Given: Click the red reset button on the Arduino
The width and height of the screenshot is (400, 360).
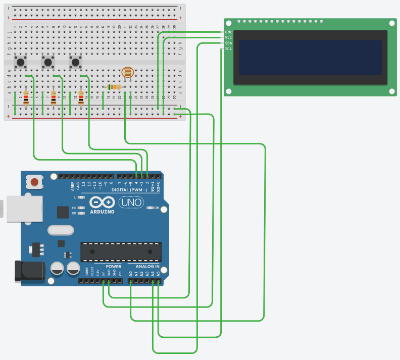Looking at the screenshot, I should tap(34, 182).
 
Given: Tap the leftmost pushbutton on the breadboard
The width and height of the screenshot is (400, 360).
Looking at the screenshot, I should tap(21, 62).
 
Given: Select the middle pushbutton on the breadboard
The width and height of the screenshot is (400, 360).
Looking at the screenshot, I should tap(48, 62).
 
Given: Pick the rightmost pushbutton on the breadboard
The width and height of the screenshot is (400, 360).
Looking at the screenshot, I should tap(76, 62).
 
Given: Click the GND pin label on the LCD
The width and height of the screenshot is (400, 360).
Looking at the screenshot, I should tap(228, 32).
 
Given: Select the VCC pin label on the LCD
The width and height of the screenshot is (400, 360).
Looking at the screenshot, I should tap(228, 37).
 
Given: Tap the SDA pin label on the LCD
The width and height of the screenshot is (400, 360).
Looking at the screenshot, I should tap(228, 43).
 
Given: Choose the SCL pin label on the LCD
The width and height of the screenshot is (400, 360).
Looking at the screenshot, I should tap(228, 48).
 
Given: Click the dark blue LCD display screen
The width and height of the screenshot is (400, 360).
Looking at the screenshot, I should tap(310, 58).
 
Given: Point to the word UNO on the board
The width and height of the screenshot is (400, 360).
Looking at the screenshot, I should tap(131, 202).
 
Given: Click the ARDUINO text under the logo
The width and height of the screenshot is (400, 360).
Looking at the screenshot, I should tap(102, 212).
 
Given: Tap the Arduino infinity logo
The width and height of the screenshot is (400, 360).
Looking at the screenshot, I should tap(102, 202).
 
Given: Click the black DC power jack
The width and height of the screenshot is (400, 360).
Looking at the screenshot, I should tap(30, 271).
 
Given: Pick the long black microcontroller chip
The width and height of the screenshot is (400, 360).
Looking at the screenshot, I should tap(121, 251).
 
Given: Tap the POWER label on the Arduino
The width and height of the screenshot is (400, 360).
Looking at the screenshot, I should tap(114, 266).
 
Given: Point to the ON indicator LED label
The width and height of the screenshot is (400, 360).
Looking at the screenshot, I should tap(156, 208).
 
